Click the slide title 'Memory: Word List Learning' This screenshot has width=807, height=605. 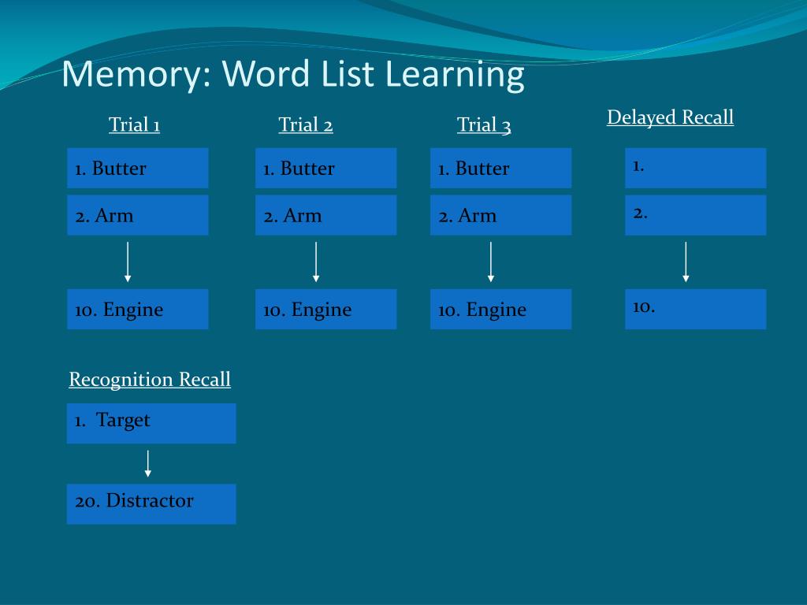pyautogui.click(x=292, y=75)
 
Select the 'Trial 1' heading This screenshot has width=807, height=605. pyautogui.click(x=134, y=124)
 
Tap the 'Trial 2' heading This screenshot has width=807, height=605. pyautogui.click(x=306, y=124)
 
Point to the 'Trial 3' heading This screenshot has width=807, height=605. pyautogui.click(x=484, y=124)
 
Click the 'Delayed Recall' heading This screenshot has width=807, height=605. pyautogui.click(x=670, y=117)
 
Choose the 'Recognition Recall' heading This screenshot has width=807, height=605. pyautogui.click(x=150, y=379)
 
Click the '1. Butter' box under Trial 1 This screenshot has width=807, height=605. pyautogui.click(x=137, y=168)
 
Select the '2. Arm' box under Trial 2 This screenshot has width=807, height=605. pyautogui.click(x=325, y=215)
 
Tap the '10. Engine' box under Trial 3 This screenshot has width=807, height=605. pyautogui.click(x=500, y=309)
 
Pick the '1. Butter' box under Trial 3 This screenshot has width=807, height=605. pyautogui.click(x=500, y=168)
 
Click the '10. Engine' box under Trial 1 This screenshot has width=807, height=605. pyautogui.click(x=137, y=309)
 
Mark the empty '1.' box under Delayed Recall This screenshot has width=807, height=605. pyautogui.click(x=695, y=168)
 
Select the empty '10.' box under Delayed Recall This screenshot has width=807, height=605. pyautogui.click(x=695, y=309)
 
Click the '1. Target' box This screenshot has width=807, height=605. pyautogui.click(x=151, y=423)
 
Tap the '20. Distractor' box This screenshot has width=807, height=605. pyautogui.click(x=151, y=503)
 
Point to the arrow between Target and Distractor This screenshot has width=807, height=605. pyautogui.click(x=147, y=463)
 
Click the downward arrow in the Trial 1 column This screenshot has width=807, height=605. pyautogui.click(x=128, y=262)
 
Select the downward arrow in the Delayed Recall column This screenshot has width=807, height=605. pyautogui.click(x=686, y=262)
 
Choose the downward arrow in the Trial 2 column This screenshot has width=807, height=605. pyautogui.click(x=316, y=262)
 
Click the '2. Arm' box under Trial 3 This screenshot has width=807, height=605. pyautogui.click(x=500, y=215)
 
